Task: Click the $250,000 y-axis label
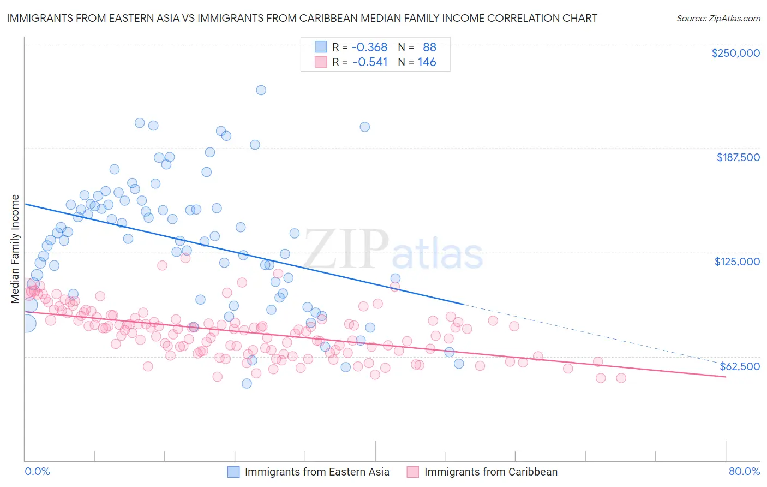[x=735, y=53]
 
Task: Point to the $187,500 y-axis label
[x=738, y=157]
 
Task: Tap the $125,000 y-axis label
[x=737, y=262]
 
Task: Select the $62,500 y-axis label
[x=740, y=366]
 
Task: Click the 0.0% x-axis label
[x=37, y=471]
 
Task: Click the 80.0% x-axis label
[x=744, y=471]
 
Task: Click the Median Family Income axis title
[x=15, y=248]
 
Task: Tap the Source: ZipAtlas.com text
[x=718, y=18]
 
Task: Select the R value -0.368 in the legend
[x=369, y=47]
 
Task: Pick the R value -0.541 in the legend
[x=370, y=62]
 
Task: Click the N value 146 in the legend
[x=427, y=62]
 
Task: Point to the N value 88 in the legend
[x=429, y=47]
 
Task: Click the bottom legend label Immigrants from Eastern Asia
[x=317, y=472]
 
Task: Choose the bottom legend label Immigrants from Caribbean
[x=490, y=472]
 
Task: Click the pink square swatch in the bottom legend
[x=412, y=472]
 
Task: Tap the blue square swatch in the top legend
[x=321, y=47]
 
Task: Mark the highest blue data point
[x=261, y=90]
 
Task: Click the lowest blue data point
[x=247, y=383]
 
